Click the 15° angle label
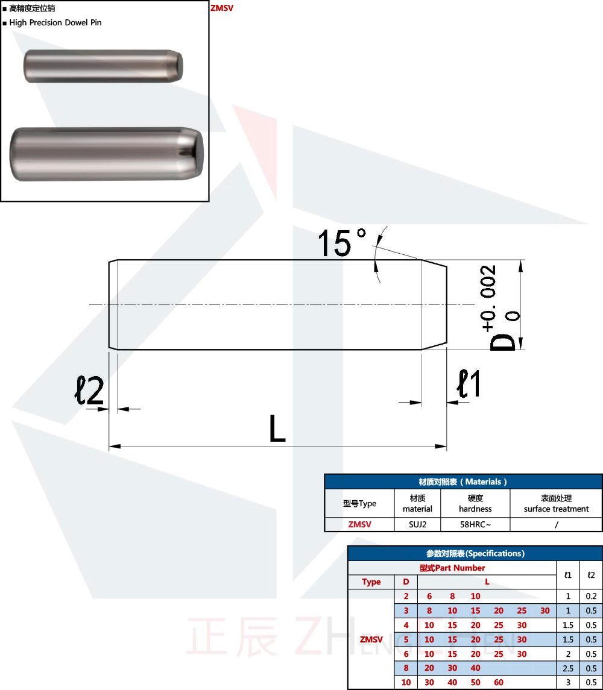point(341,242)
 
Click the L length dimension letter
point(277,429)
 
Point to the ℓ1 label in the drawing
point(469,384)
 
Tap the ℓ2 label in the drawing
point(89,390)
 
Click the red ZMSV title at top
point(221,8)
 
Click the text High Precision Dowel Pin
point(55,22)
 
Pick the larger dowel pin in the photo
point(107,154)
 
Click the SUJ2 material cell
point(417,524)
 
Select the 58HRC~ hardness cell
point(475,524)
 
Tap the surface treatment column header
point(556,503)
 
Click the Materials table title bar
point(463,481)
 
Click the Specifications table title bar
point(475,553)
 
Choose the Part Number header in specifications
point(452,568)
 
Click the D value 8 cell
point(406,668)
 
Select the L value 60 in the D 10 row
point(499,682)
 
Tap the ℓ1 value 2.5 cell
point(567,668)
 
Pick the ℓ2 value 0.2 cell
point(591,596)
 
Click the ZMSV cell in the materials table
point(359,524)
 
